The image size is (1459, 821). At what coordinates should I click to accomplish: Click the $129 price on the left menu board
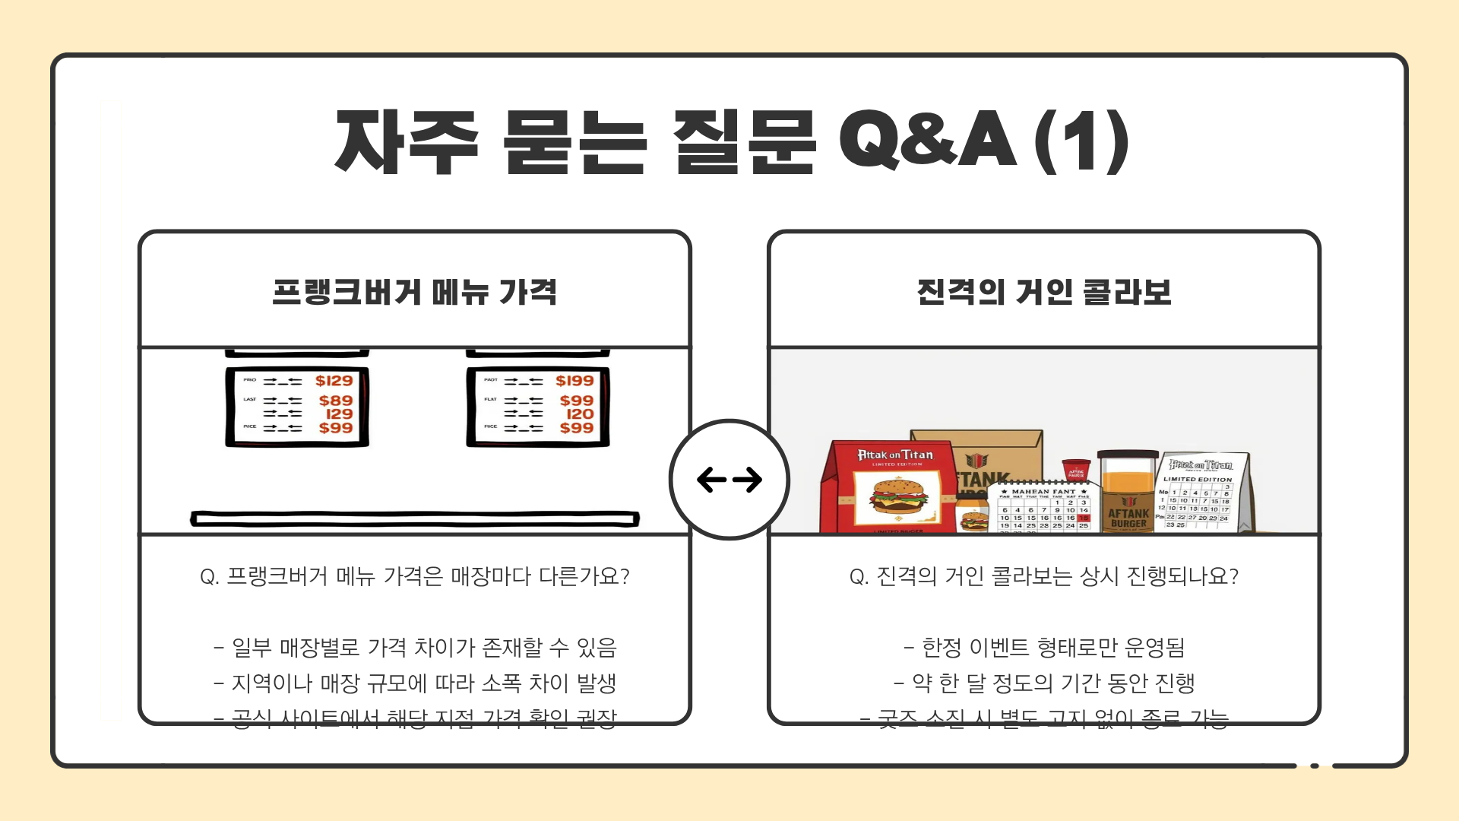pos(334,381)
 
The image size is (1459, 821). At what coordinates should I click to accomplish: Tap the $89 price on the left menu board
pos(336,401)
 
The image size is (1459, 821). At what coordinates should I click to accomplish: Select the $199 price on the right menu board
pos(574,381)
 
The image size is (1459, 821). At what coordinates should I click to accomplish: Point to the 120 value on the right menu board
pos(580,414)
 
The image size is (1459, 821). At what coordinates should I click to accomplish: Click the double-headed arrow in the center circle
pos(729,480)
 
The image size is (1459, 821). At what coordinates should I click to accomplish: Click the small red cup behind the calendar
pos(1076,469)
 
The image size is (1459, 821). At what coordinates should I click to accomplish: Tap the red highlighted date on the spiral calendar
pos(1084,518)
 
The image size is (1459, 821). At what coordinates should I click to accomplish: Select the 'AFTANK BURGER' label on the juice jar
pos(1128,518)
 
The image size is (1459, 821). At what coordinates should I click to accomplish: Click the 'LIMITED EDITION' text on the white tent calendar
pos(1198,480)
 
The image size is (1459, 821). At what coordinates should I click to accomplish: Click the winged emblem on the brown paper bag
pos(977,461)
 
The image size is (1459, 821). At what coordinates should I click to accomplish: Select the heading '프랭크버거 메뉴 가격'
pos(415,292)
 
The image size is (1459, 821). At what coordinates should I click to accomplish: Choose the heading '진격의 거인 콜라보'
pos(1044,292)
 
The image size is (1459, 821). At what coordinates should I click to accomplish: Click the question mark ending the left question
pos(625,577)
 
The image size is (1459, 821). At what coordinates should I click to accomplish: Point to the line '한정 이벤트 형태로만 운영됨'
pos(1044,648)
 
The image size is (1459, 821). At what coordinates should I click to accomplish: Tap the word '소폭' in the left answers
pos(502,683)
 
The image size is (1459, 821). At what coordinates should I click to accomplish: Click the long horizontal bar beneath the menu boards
pos(415,519)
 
